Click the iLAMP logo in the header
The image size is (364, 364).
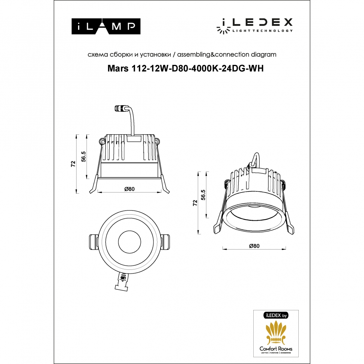pos(106,27)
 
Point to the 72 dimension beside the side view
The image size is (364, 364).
pos(74,163)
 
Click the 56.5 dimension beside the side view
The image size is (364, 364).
pos(84,156)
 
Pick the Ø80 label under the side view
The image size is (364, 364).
pos(129,189)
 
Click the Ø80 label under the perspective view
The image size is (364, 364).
pos(254,246)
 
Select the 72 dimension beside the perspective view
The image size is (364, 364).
pos(195,203)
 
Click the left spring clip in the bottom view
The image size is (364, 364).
pos(93,242)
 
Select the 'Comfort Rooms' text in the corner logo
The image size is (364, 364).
pos(276,349)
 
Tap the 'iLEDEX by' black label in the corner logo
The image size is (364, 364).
pos(276,316)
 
